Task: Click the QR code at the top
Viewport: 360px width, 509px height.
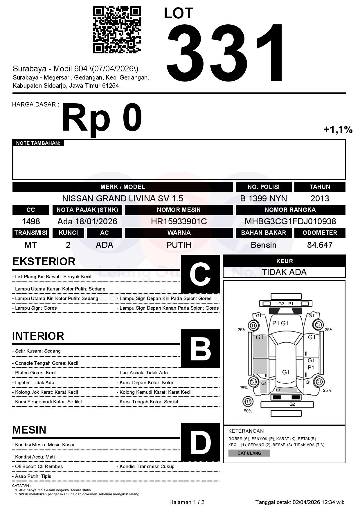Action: [x=117, y=30]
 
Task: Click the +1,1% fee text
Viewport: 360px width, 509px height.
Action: [x=338, y=129]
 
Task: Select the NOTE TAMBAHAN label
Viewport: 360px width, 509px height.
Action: [x=38, y=143]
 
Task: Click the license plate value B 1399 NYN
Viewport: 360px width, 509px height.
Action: [x=263, y=198]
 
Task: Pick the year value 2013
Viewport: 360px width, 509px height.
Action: [x=320, y=198]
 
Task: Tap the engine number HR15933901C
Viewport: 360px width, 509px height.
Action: [x=179, y=221]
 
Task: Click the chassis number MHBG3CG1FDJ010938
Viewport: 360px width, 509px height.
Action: [x=290, y=221]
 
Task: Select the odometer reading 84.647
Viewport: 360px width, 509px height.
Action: [x=320, y=245]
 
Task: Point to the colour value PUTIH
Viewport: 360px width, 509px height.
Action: [x=179, y=245]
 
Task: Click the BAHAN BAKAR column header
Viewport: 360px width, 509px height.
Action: [x=263, y=233]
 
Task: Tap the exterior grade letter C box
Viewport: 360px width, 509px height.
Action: [x=200, y=274]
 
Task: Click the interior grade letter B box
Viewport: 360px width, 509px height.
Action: [x=200, y=349]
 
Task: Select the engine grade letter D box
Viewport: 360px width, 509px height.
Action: [x=200, y=442]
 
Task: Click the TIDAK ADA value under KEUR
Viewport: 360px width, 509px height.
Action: [x=284, y=272]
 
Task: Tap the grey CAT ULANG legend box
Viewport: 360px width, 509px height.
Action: [x=249, y=453]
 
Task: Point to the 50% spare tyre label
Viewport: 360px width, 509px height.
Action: [x=248, y=411]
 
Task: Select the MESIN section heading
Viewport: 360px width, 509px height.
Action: [x=29, y=429]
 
